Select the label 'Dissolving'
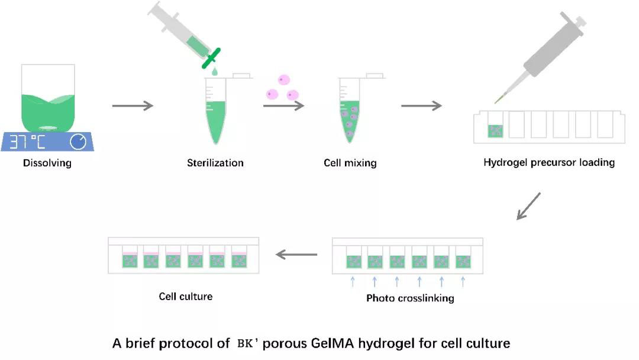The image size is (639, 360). click(x=47, y=163)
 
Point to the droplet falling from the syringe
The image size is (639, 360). click(x=214, y=72)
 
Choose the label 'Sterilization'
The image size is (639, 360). click(x=215, y=163)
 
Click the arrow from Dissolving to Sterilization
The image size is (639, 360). click(x=133, y=106)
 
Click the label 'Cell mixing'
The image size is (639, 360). click(x=350, y=163)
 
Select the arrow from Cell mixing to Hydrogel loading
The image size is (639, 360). click(x=421, y=106)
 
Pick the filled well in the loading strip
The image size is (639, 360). click(x=495, y=131)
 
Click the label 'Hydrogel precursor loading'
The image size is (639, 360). click(x=549, y=162)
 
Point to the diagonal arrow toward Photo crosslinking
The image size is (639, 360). click(x=528, y=205)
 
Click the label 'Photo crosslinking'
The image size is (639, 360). click(x=410, y=298)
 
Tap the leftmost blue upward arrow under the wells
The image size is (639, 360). click(x=353, y=281)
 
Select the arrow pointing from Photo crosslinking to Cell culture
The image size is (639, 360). click(x=297, y=255)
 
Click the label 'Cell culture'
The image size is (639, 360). click(x=186, y=296)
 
